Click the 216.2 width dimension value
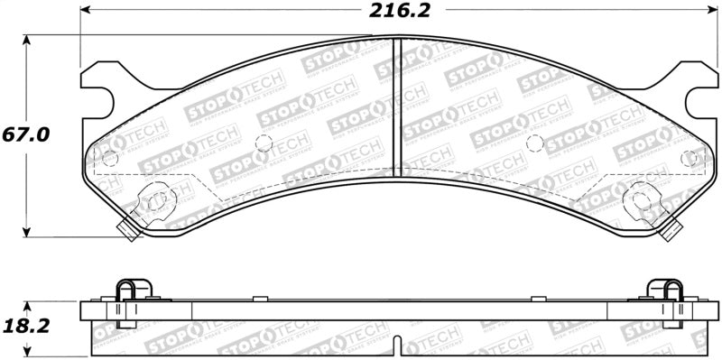[x=399, y=13]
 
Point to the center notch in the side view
[x=400, y=344]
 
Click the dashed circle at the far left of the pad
[x=111, y=159]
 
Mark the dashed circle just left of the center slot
[x=264, y=143]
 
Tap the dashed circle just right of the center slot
[x=534, y=143]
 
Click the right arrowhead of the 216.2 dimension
[x=713, y=12]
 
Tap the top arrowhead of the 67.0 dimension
[x=27, y=41]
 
